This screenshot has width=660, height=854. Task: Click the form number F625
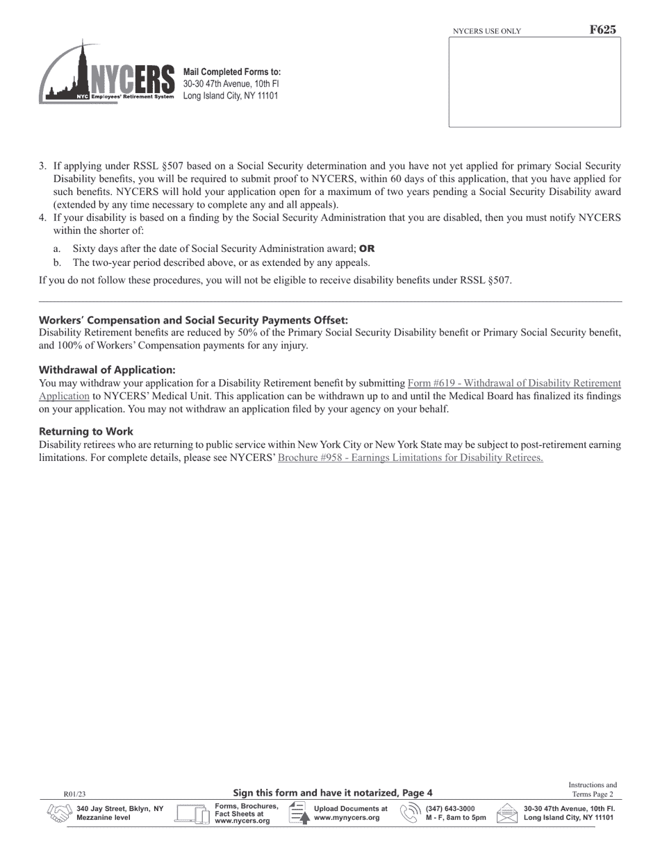click(x=602, y=30)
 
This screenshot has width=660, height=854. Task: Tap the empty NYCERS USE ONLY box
click(x=534, y=82)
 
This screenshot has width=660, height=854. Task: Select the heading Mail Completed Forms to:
click(x=232, y=72)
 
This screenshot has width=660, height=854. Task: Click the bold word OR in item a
click(x=367, y=249)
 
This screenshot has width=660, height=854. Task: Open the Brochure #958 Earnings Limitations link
click(x=410, y=458)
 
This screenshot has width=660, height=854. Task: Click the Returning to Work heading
click(x=86, y=431)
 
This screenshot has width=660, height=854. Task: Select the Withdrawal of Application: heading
click(x=107, y=370)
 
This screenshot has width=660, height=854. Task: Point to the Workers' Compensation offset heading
click(x=193, y=320)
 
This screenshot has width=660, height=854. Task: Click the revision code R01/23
click(x=74, y=794)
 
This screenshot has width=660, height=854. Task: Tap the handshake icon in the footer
click(x=59, y=813)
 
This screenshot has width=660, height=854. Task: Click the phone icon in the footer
click(x=411, y=813)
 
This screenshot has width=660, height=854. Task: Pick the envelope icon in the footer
click(x=508, y=813)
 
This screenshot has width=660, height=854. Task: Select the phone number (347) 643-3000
click(x=450, y=809)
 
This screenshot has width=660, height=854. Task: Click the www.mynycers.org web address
click(x=347, y=818)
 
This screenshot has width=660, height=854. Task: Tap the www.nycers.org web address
click(x=242, y=821)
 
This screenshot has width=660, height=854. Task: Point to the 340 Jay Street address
click(x=120, y=809)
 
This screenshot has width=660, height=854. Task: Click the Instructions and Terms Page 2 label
click(x=593, y=789)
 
